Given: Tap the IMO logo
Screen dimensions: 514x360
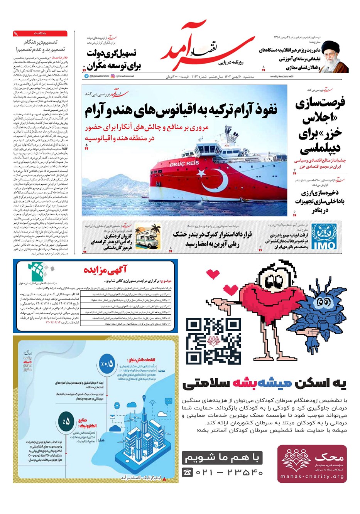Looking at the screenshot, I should click(x=323, y=236).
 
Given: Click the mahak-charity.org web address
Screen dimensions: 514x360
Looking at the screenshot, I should click(x=312, y=477).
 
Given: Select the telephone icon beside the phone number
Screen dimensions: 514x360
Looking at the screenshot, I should click(x=188, y=472).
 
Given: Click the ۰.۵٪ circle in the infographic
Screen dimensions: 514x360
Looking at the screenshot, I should click(x=106, y=363).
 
